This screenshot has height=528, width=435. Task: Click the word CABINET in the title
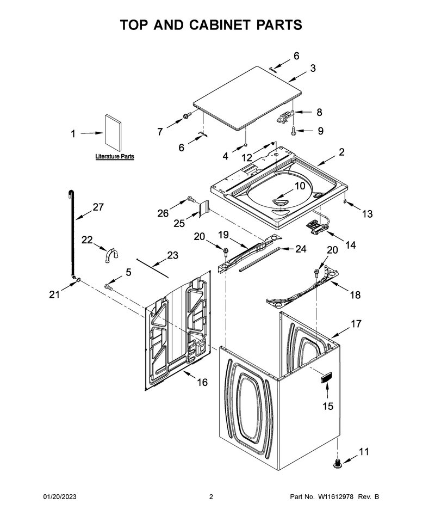pos(220,25)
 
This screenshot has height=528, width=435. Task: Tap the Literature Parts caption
pos(115,157)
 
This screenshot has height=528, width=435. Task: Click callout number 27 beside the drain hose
pos(98,207)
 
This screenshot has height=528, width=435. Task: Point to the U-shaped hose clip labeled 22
pos(110,255)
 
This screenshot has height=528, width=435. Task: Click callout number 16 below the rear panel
pos(202,382)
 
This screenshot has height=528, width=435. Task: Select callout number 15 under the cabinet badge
pos(328,407)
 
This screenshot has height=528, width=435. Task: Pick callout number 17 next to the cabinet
pos(356,324)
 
